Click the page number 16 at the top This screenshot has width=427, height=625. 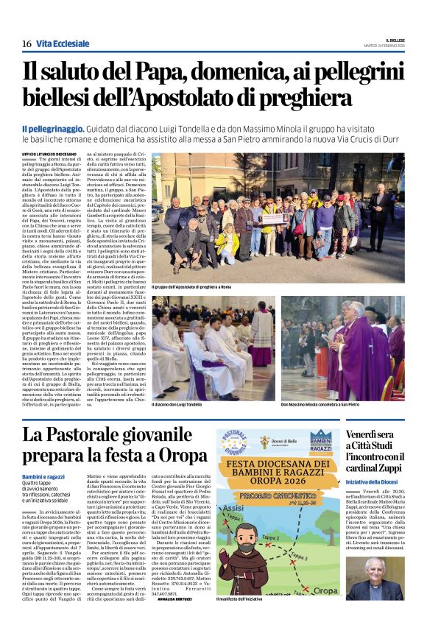point(27,44)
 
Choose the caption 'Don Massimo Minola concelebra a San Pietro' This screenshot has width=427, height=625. point(320,404)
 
